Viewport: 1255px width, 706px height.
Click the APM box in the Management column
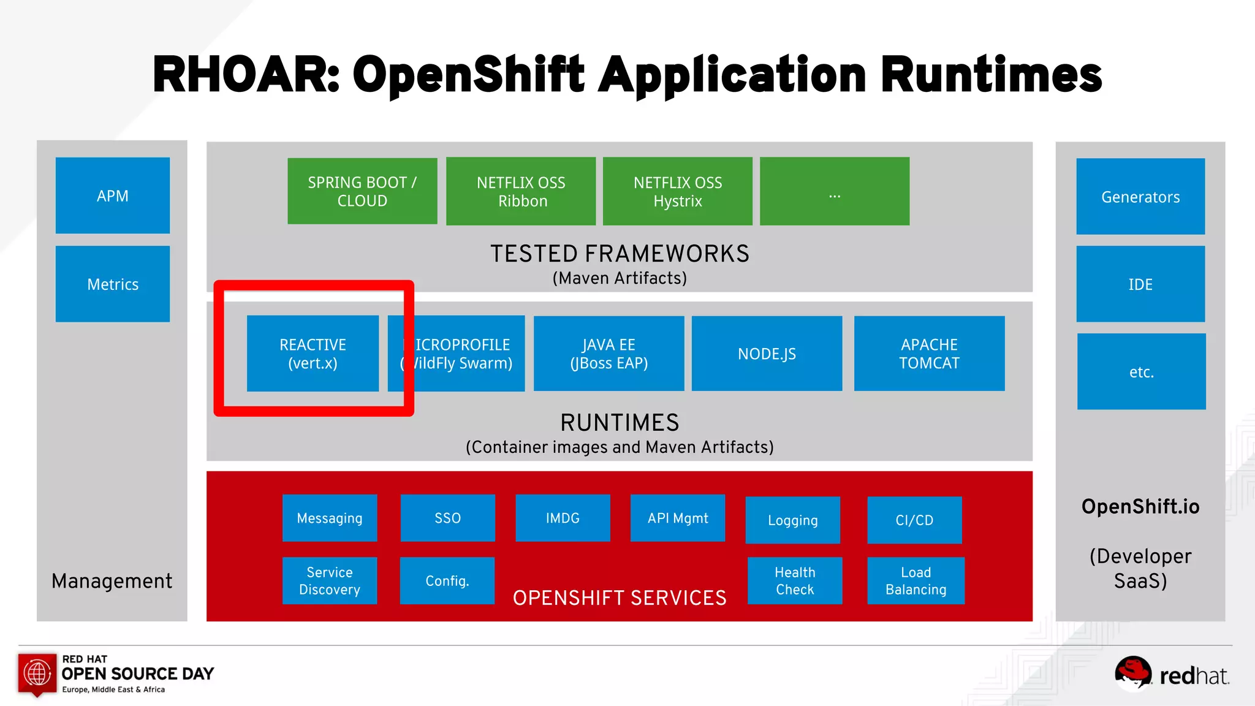tap(113, 195)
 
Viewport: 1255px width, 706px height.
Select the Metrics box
tap(113, 284)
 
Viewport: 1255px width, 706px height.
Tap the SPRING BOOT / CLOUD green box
tap(362, 191)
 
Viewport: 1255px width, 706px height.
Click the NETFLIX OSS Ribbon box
tap(521, 191)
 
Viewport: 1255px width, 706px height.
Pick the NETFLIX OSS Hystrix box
tap(678, 191)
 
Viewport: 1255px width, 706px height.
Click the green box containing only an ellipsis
tap(835, 191)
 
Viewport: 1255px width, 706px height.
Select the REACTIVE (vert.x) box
tap(313, 354)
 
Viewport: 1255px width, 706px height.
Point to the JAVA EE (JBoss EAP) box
tap(609, 354)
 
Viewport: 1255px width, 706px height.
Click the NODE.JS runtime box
tap(767, 354)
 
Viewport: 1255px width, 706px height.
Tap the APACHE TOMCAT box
tap(929, 354)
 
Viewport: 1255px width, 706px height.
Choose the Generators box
tap(1140, 197)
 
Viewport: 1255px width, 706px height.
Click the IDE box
tap(1140, 284)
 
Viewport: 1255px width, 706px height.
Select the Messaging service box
tap(330, 518)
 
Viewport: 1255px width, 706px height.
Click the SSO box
tap(447, 518)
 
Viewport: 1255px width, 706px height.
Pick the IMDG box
tap(563, 518)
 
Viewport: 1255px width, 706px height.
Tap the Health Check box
tap(795, 580)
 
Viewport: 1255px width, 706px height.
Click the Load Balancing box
tap(916, 580)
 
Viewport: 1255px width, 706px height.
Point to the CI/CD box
tap(914, 520)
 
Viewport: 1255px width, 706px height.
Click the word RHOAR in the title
tap(245, 75)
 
